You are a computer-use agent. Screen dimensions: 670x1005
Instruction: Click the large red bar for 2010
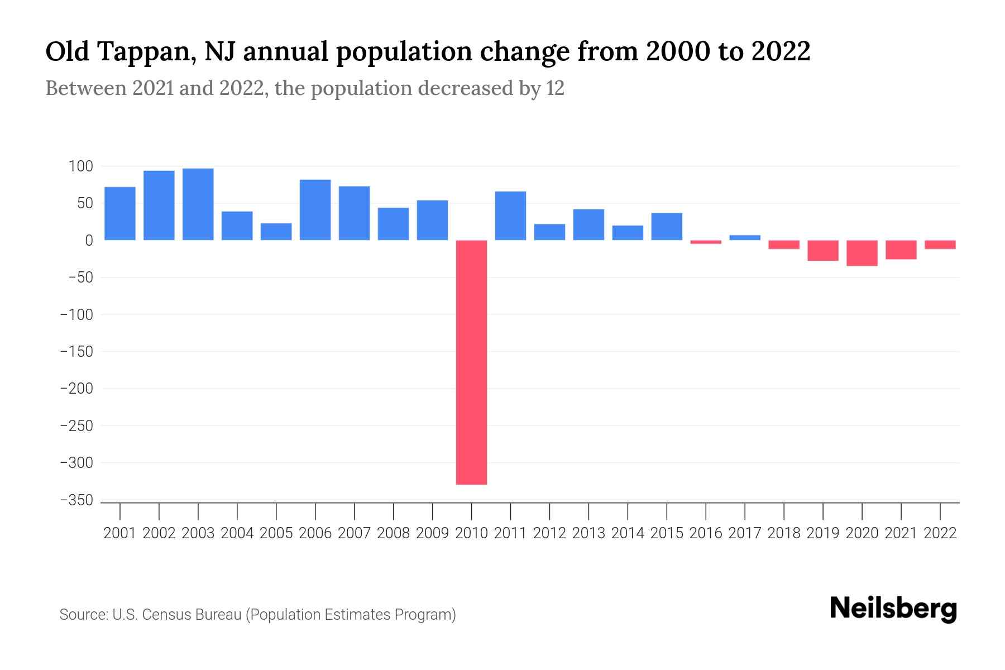(x=471, y=362)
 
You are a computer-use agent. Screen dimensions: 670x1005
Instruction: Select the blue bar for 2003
(x=198, y=204)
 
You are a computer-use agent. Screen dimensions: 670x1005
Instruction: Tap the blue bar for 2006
(x=315, y=210)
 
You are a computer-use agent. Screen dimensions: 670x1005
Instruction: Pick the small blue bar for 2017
(x=745, y=238)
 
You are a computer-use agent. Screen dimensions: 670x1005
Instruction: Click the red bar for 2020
(x=862, y=253)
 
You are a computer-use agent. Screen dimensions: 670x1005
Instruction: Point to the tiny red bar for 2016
(x=706, y=242)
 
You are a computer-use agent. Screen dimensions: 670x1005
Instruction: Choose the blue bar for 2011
(x=510, y=216)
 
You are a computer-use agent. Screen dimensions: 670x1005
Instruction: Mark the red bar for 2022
(x=940, y=245)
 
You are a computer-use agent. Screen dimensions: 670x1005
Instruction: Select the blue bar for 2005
(x=276, y=232)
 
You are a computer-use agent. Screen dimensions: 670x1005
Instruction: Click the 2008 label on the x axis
(x=393, y=533)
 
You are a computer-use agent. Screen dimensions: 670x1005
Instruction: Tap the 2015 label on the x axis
(x=667, y=533)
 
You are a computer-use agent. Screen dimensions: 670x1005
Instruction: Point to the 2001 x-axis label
(x=120, y=533)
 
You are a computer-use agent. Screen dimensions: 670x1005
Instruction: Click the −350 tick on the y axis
(x=76, y=500)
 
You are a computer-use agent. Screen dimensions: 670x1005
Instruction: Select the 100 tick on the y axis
(x=80, y=166)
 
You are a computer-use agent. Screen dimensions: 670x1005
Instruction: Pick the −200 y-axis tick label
(x=76, y=389)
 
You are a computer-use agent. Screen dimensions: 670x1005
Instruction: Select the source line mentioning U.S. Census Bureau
(x=257, y=615)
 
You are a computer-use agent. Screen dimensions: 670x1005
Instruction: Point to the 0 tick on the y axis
(x=88, y=241)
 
